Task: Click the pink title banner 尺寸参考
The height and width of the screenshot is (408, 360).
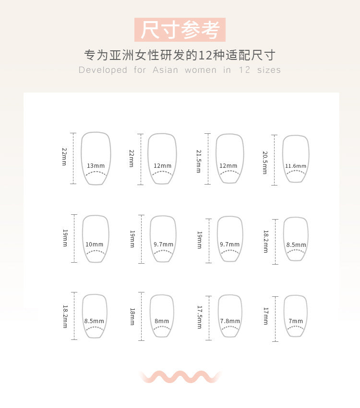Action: (x=180, y=30)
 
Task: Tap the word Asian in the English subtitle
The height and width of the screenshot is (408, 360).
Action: (x=165, y=70)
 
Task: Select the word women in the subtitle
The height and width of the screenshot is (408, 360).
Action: (x=201, y=70)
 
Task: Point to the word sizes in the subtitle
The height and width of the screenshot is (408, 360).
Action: (x=269, y=70)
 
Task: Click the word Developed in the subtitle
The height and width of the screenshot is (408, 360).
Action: (x=103, y=70)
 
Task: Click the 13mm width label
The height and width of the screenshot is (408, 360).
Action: (x=96, y=166)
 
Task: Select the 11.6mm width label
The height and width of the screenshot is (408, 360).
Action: (x=296, y=166)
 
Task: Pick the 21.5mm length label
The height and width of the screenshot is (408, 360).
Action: (x=199, y=161)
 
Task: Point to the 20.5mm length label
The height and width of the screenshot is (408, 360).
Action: (x=265, y=163)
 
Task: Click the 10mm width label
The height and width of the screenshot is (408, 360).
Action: (x=94, y=245)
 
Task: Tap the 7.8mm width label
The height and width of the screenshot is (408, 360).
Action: (x=230, y=321)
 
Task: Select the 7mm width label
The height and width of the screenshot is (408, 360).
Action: (x=296, y=321)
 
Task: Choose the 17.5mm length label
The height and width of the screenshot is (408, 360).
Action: (x=200, y=317)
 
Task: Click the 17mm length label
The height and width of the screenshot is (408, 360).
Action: (x=266, y=316)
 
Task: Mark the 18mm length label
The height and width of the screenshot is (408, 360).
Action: (x=132, y=317)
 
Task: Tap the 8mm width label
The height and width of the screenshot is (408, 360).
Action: (x=162, y=321)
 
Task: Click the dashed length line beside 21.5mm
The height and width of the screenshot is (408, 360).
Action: (x=208, y=159)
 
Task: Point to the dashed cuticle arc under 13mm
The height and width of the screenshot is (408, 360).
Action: (x=96, y=173)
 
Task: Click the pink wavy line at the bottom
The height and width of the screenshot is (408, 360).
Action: (x=180, y=377)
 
